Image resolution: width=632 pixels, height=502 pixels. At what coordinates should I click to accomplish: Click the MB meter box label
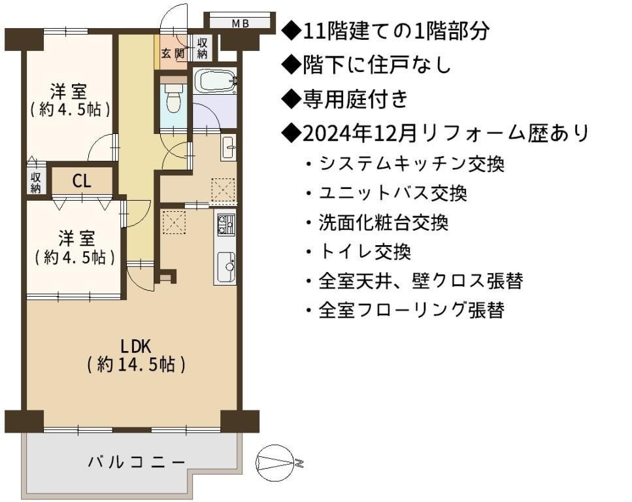pyautogui.click(x=241, y=24)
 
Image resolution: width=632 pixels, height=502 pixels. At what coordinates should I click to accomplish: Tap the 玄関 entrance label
pyautogui.click(x=173, y=53)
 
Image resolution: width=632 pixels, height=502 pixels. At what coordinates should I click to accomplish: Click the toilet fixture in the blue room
pyautogui.click(x=173, y=98)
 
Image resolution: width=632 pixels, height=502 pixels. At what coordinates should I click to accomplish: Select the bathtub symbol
pyautogui.click(x=215, y=81)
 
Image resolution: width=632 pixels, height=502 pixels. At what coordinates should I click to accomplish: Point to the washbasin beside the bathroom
pyautogui.click(x=229, y=147)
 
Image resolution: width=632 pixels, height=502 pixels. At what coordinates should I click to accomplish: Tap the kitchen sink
pyautogui.click(x=227, y=267)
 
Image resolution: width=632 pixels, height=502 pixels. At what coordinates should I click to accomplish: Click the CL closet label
pyautogui.click(x=82, y=181)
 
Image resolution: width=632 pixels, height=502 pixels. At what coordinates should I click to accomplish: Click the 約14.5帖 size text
pyautogui.click(x=136, y=365)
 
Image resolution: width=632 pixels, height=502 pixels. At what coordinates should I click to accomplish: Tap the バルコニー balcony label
pyautogui.click(x=136, y=461)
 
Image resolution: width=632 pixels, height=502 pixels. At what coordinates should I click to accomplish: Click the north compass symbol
pyautogui.click(x=276, y=463)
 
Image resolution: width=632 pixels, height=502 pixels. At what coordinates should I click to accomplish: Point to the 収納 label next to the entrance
pyautogui.click(x=203, y=48)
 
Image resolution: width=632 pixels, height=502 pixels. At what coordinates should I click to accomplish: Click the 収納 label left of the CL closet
pyautogui.click(x=36, y=182)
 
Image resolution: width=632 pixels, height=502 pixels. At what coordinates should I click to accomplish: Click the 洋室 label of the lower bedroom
pyautogui.click(x=76, y=239)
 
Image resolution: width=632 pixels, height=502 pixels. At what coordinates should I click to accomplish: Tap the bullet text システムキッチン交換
pyautogui.click(x=412, y=164)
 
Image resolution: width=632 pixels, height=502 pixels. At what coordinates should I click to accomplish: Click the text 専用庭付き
pyautogui.click(x=355, y=99)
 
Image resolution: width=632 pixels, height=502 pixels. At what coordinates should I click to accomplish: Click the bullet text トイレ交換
pyautogui.click(x=365, y=252)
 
